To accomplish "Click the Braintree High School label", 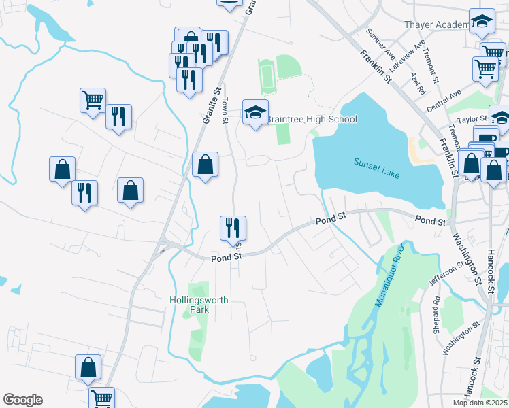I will coord(311,120).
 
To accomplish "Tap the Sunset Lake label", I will coord(376,167).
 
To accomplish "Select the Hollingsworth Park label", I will coord(199,304).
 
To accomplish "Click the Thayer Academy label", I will coord(437,24).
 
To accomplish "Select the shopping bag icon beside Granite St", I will coord(205,164).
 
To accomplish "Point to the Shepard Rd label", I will coord(436,314).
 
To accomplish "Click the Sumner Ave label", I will coord(380,42).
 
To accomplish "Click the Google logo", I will coord(22,400).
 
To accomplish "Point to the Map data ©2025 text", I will coord(480,403).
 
